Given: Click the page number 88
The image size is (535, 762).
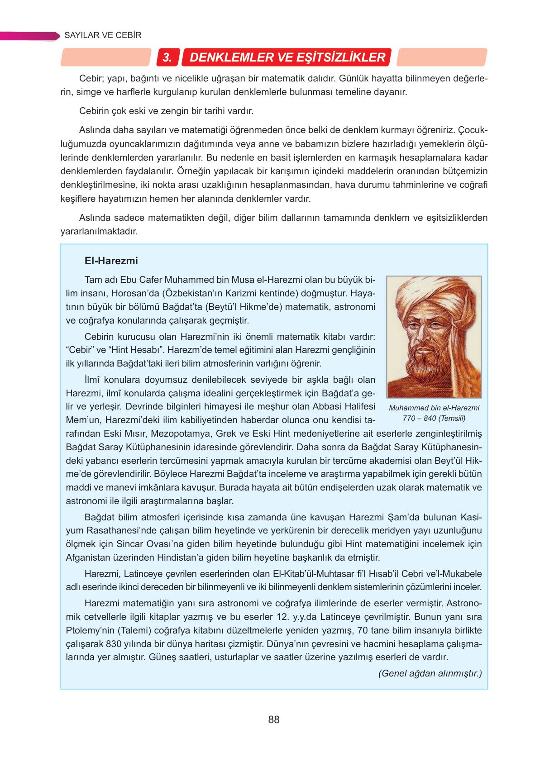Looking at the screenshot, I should point(273,719).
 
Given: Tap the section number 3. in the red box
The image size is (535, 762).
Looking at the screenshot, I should point(167,58).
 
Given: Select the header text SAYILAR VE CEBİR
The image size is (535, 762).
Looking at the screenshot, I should point(103,35).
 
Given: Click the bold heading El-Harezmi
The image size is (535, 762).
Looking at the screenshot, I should point(111,261).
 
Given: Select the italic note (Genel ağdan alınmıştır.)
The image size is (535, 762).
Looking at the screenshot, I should point(430,673).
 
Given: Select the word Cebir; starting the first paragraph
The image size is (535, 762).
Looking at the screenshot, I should point(92,78).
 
